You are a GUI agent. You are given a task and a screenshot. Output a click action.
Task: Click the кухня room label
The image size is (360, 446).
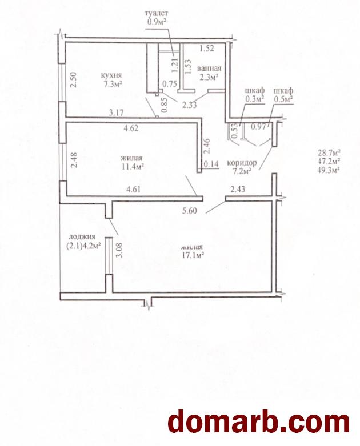tap(111, 75)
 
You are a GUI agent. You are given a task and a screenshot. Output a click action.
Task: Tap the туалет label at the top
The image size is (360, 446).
tap(157, 13)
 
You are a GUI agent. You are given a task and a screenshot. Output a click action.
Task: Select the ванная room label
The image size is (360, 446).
tap(209, 69)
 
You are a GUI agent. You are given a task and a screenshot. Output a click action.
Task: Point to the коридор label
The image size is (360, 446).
tap(242, 163)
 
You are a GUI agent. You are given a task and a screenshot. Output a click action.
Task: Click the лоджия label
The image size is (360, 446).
tap(82, 236)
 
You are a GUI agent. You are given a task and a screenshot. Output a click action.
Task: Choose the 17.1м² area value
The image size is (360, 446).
tap(193, 255)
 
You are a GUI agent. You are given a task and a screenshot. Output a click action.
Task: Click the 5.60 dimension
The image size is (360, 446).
tap(190, 211)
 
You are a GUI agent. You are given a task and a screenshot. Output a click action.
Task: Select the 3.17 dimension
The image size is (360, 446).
tap(117, 113)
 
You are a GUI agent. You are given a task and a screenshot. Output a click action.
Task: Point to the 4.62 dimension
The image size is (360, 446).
tap(131, 128)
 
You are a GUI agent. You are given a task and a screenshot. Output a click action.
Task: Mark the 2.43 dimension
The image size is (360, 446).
tap(238, 189)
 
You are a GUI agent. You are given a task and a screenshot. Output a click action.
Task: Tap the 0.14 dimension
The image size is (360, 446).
tap(211, 164)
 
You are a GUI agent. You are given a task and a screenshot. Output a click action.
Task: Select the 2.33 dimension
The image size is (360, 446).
tap(190, 105)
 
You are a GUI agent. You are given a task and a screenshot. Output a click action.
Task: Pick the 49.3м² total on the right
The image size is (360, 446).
tap(329, 170)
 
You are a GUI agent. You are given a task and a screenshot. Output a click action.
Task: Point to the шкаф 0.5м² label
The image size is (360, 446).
tap(283, 95)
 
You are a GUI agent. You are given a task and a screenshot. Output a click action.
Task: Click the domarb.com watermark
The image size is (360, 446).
tap(259, 422)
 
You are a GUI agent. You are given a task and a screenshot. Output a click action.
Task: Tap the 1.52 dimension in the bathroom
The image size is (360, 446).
tap(207, 49)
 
